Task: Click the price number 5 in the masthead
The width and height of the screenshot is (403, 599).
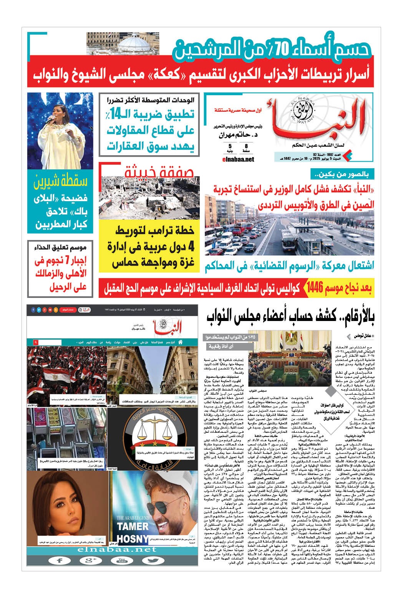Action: pyautogui.click(x=230, y=146)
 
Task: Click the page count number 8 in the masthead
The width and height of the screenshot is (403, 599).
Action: pyautogui.click(x=246, y=146)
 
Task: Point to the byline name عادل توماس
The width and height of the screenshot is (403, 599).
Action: pyautogui.click(x=362, y=336)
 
